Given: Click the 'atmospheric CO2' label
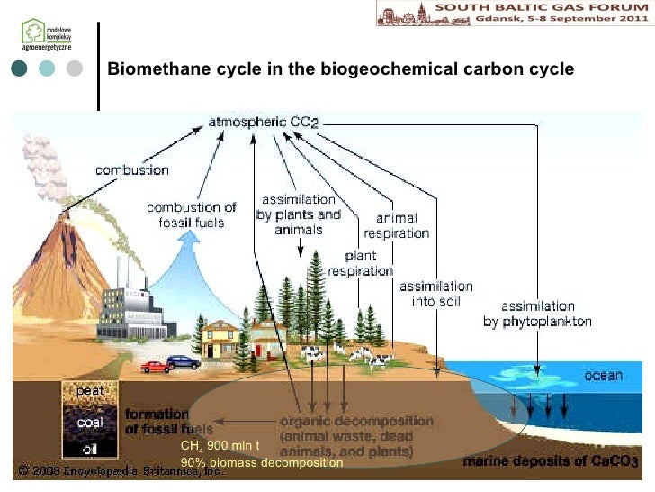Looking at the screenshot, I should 264,120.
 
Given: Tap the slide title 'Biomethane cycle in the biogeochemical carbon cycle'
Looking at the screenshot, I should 340,69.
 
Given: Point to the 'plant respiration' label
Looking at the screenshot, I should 360,262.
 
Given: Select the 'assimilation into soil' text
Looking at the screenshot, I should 436,294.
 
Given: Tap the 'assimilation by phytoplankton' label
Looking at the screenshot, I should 537,313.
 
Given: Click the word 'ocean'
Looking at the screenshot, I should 603,375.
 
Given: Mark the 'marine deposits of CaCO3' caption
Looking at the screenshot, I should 550,462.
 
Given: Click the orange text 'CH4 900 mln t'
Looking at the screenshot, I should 220,446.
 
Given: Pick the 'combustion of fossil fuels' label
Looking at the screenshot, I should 192,214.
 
